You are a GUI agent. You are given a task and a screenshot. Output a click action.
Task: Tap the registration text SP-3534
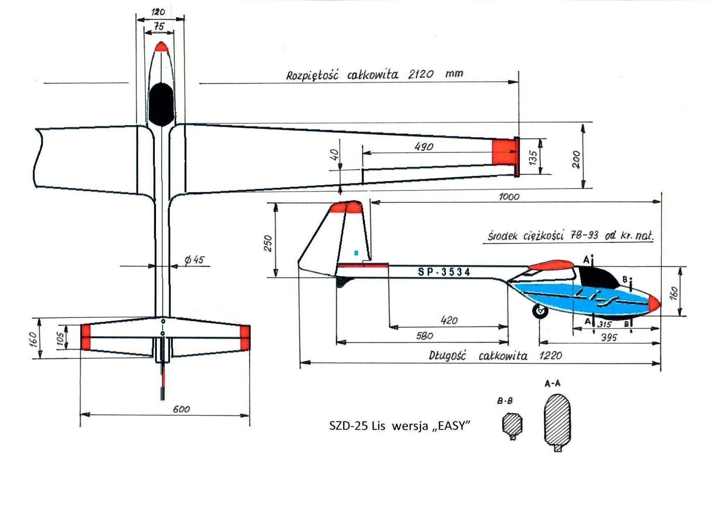pos(444,272)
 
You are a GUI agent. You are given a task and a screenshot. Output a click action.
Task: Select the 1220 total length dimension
pos(550,355)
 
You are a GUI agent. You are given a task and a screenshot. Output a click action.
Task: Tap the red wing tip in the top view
pos(503,152)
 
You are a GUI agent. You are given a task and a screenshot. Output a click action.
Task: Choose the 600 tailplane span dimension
pos(181,409)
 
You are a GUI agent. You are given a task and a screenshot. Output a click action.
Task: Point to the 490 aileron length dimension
pos(424,147)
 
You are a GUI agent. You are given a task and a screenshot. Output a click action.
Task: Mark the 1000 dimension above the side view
pos(509,197)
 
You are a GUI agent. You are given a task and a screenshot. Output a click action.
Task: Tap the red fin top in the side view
pos(346,208)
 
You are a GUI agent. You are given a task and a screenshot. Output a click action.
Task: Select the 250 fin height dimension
pos(268,243)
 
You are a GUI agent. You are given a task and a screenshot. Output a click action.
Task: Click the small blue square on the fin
pos(356,253)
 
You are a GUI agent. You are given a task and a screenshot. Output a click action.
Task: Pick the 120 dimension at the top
pos(158,12)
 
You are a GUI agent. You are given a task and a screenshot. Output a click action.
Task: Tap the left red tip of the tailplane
pos(86,337)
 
